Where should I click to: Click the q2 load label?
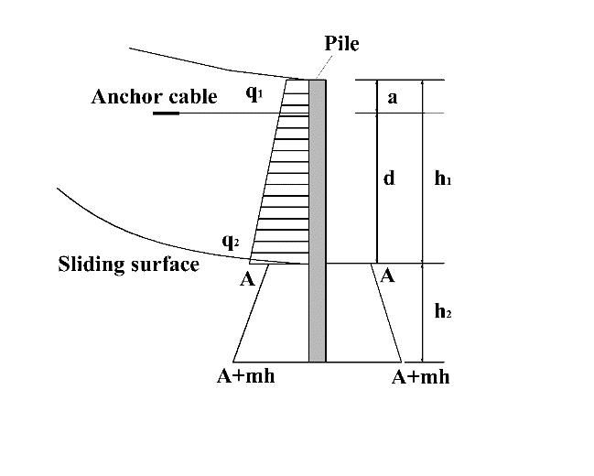231,242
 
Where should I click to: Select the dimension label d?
389,178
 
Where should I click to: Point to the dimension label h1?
443,179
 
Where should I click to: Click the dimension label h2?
443,313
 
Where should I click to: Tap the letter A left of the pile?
247,279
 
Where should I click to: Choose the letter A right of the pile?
387,276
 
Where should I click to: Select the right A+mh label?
420,377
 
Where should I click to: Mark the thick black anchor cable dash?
166,114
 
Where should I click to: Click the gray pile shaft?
317,220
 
